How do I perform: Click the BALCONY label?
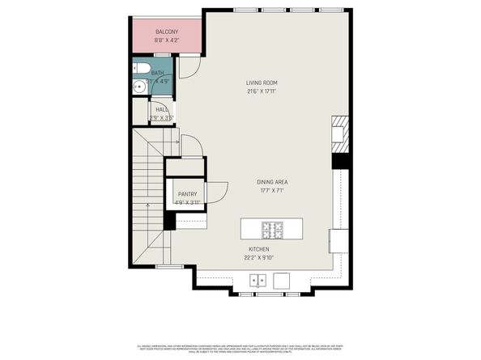[x=168, y=32]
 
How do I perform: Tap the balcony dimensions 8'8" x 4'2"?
[x=168, y=40]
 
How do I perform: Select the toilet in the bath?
[x=142, y=68]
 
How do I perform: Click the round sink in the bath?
[x=138, y=85]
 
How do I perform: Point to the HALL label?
[x=162, y=109]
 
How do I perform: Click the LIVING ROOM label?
[x=262, y=83]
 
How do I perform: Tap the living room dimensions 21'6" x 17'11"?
[x=262, y=91]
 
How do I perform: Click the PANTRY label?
[x=187, y=194]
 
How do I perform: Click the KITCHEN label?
[x=260, y=250]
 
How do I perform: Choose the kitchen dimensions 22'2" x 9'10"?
[x=260, y=258]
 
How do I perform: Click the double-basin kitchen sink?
[x=258, y=281]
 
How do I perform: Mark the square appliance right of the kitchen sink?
[x=283, y=281]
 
